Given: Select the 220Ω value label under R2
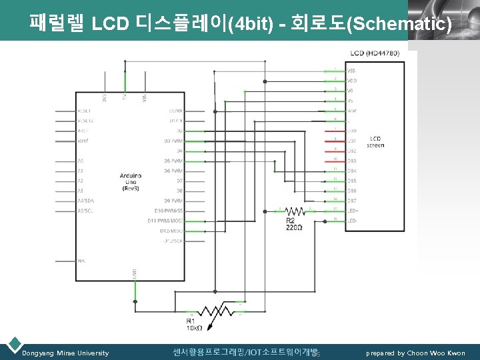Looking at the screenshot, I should click(x=294, y=228).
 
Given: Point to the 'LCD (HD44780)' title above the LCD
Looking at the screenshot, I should click(x=375, y=53).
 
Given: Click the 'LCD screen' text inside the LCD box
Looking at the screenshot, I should click(x=375, y=142).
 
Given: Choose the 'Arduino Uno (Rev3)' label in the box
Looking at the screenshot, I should click(x=129, y=181).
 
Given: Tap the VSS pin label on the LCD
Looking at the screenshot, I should click(x=351, y=71).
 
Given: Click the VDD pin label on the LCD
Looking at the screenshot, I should click(x=351, y=81).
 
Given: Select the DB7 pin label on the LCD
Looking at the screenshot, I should click(x=351, y=200).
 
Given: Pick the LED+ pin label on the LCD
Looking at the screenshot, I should click(x=352, y=210).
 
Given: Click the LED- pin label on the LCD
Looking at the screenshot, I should click(x=352, y=220).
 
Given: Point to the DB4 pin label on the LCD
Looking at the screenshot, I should click(x=351, y=171).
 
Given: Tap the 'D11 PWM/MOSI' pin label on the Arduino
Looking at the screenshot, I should click(x=166, y=220).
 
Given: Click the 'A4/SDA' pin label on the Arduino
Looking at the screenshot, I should click(x=87, y=200).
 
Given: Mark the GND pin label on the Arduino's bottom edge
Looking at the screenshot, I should click(x=134, y=273).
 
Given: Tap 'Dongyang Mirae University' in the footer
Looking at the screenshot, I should click(x=65, y=353).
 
